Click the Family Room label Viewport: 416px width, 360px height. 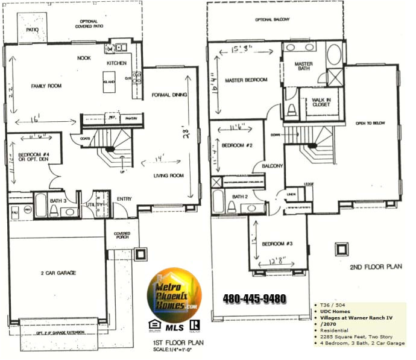tap(46, 86)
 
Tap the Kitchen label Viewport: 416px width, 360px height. tap(116, 63)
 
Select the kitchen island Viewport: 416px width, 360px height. tap(109, 83)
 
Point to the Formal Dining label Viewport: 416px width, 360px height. tap(169, 95)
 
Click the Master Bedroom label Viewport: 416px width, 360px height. tap(245, 80)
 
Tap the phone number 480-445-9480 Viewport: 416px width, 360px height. tap(254, 298)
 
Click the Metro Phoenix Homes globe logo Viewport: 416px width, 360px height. tap(175, 294)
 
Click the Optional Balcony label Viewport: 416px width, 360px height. tap(273, 20)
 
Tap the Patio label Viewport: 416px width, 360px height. tap(33, 29)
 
